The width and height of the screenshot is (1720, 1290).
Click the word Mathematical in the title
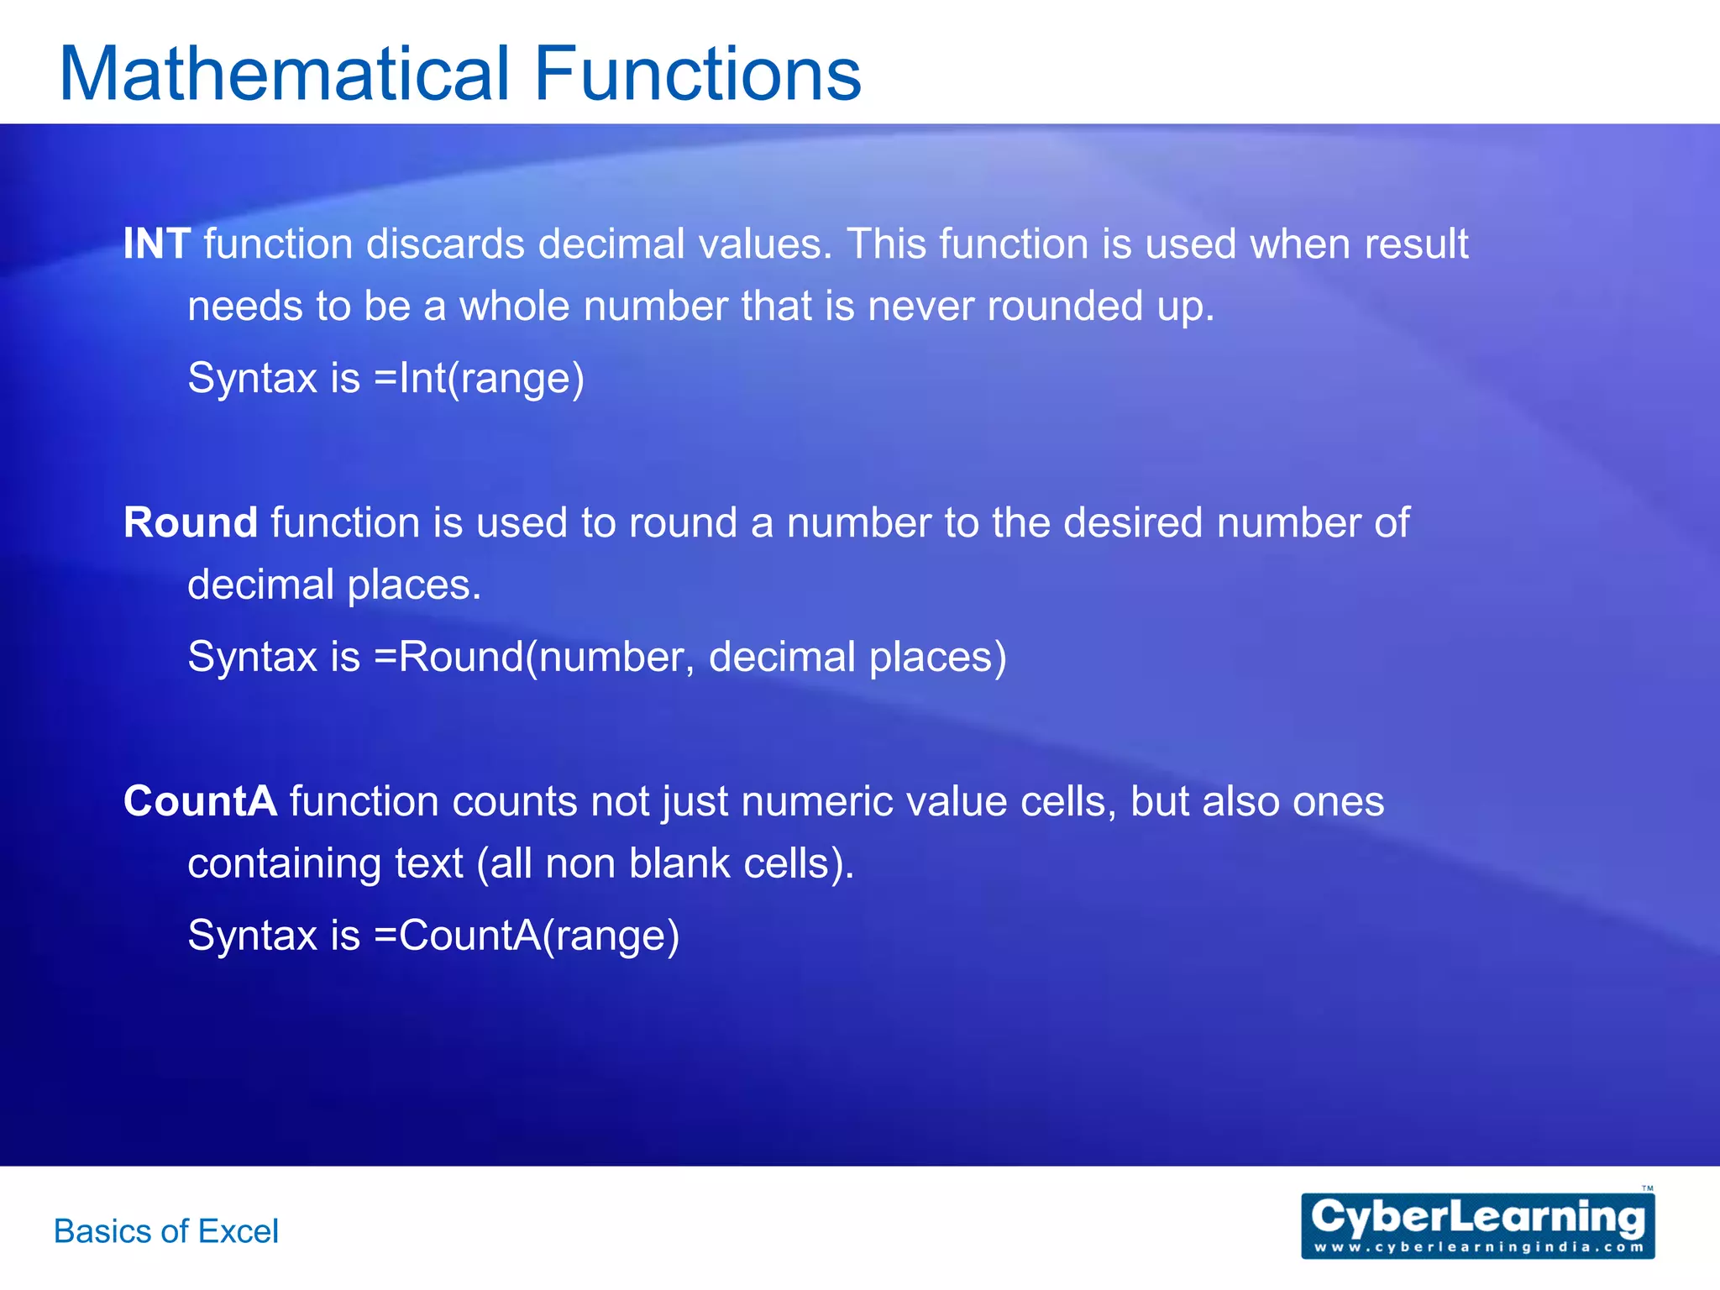point(285,74)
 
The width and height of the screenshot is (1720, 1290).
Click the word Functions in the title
point(697,74)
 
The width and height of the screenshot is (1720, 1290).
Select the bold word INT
point(157,244)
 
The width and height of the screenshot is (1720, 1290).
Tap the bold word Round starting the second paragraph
point(191,523)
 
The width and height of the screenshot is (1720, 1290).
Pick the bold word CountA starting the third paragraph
point(200,801)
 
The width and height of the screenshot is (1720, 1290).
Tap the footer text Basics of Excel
point(166,1231)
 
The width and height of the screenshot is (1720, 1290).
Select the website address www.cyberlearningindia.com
point(1477,1247)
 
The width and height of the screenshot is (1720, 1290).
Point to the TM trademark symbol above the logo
point(1647,1188)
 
